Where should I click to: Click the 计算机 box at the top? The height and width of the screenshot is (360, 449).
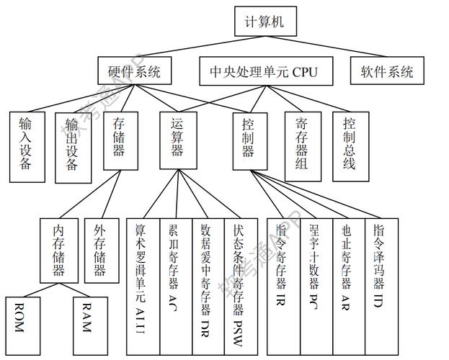pyautogui.click(x=264, y=21)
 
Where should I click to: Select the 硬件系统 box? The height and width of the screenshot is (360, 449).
pyautogui.click(x=134, y=71)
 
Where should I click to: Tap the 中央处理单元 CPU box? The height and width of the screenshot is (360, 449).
pyautogui.click(x=262, y=71)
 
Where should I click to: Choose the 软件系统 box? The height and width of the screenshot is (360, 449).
pyautogui.click(x=387, y=71)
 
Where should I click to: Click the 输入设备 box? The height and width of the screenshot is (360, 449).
pyautogui.click(x=25, y=145)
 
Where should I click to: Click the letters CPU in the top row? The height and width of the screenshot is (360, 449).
pyautogui.click(x=301, y=71)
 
